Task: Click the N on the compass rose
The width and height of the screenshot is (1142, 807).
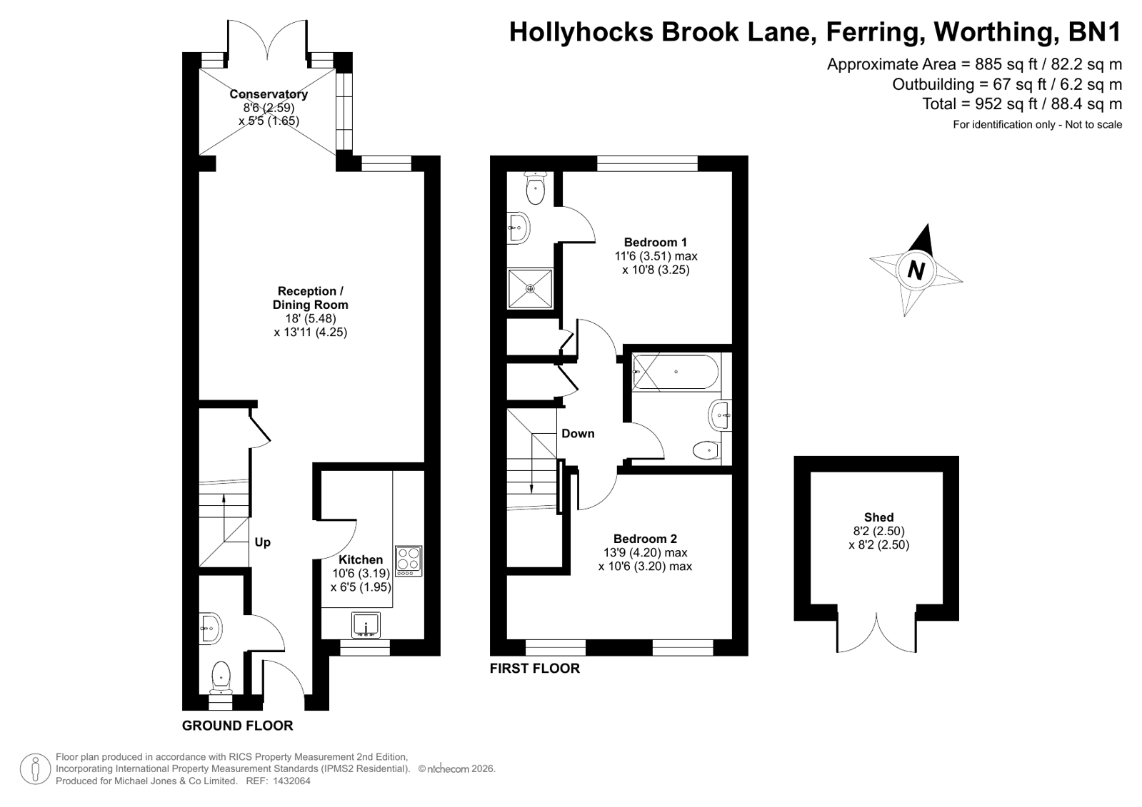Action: point(916,270)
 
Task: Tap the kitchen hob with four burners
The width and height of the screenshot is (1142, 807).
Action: point(409,561)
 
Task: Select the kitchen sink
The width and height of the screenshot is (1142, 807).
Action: point(366,624)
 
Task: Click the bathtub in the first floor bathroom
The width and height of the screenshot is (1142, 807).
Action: point(676,372)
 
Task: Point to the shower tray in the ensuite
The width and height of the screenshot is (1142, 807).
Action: point(530,288)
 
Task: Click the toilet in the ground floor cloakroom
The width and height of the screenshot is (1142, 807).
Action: point(221,678)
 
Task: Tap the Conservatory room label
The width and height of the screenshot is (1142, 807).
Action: point(269,94)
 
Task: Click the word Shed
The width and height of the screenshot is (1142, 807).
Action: point(879,517)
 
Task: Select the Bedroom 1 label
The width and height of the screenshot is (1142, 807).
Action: point(656,242)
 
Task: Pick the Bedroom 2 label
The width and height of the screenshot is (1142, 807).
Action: point(645,539)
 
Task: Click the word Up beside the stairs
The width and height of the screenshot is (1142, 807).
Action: point(263,542)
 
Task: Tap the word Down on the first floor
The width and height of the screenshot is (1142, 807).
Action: point(578,434)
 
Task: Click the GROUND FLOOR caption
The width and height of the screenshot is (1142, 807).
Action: point(238,726)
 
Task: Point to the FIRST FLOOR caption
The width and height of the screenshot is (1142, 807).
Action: point(535,668)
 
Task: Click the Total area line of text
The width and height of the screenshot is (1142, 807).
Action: point(1022,104)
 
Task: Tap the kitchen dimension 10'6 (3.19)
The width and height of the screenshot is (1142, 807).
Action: point(361,573)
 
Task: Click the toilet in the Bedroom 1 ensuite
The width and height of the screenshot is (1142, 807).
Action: point(536,188)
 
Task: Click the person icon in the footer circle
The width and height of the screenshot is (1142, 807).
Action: point(35,768)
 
